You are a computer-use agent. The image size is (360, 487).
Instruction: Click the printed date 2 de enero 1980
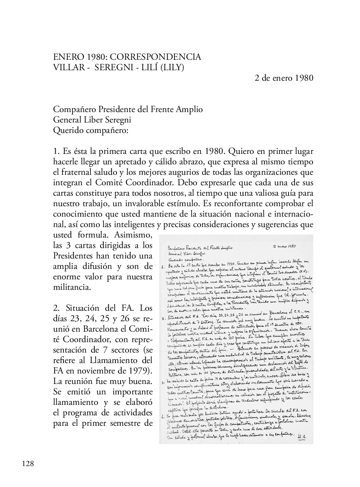[284, 78]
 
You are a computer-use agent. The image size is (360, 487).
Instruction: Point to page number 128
[28, 464]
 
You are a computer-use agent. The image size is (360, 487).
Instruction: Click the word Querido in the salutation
[68, 131]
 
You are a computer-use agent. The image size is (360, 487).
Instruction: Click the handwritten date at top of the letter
[284, 247]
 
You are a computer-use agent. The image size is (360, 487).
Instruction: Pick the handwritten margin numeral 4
[163, 416]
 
